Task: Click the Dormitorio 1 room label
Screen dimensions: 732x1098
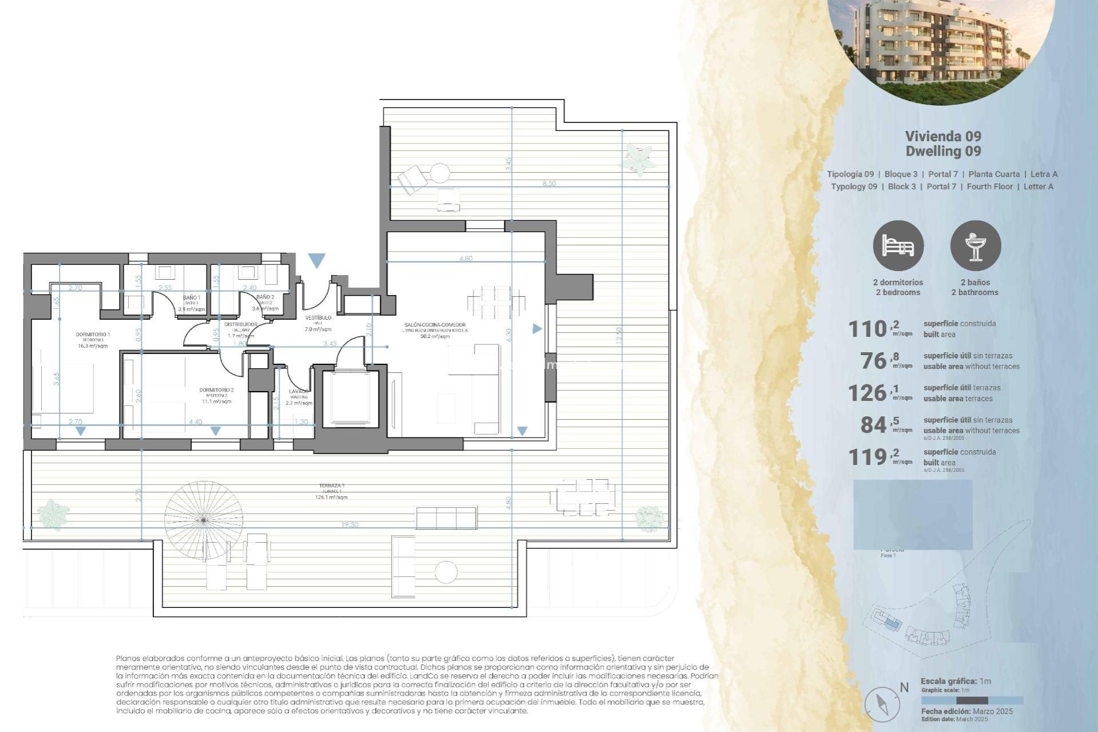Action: point(93,335)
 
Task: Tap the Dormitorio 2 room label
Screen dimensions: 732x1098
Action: point(216,390)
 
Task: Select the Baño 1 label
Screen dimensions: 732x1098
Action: point(192,298)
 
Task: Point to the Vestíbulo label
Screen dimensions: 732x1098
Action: point(318,318)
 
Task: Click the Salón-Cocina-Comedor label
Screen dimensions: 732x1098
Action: point(435,325)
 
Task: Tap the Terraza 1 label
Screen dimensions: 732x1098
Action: point(332,486)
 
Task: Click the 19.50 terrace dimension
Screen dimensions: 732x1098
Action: point(349,524)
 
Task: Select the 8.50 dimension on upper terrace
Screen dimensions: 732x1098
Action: point(548,184)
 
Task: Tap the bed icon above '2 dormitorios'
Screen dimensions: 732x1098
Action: point(898,246)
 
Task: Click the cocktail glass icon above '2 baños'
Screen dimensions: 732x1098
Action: point(976,246)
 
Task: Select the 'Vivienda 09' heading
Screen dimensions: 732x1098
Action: point(943,136)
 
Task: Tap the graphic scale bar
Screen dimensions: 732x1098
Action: point(972,701)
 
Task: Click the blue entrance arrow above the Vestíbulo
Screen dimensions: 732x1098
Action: point(317,261)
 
